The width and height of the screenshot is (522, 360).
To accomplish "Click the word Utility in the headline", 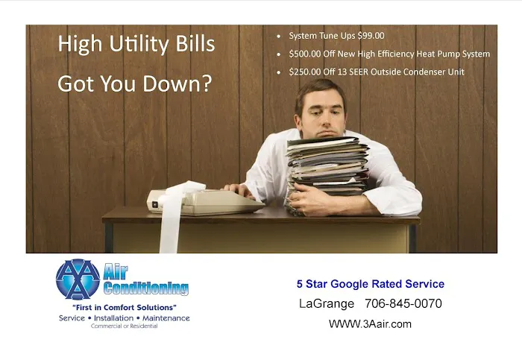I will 135,45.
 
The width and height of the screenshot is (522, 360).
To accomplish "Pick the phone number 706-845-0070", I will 403,304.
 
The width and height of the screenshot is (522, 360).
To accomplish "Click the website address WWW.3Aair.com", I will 370,324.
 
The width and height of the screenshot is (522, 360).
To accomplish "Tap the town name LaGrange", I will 326,304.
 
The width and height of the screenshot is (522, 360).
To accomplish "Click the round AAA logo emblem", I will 78,280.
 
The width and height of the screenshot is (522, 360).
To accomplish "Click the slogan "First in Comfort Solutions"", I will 124,307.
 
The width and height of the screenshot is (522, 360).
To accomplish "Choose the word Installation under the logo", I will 124,318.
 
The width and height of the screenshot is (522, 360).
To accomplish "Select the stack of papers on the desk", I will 328,168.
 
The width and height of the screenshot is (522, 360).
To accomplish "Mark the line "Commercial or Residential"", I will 124,326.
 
